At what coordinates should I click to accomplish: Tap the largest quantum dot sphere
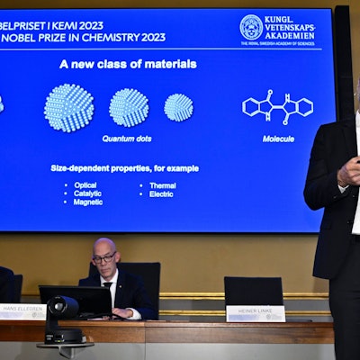pyautogui.click(x=69, y=108)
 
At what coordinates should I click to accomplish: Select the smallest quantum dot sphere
pyautogui.click(x=178, y=107)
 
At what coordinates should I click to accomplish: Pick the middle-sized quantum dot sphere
pyautogui.click(x=129, y=107)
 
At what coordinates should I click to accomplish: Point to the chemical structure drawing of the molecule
pyautogui.click(x=277, y=106)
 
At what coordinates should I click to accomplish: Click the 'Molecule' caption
pyautogui.click(x=278, y=139)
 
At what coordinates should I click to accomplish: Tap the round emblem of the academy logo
pyautogui.click(x=251, y=28)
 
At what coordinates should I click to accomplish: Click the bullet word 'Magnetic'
pyautogui.click(x=89, y=202)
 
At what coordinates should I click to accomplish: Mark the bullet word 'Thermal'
pyautogui.click(x=162, y=185)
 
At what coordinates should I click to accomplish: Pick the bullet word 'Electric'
pyautogui.click(x=162, y=193)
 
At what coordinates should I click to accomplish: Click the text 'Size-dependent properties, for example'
pyautogui.click(x=124, y=168)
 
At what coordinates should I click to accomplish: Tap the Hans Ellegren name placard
pyautogui.click(x=22, y=311)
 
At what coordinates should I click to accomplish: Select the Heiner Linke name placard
pyautogui.click(x=256, y=313)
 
